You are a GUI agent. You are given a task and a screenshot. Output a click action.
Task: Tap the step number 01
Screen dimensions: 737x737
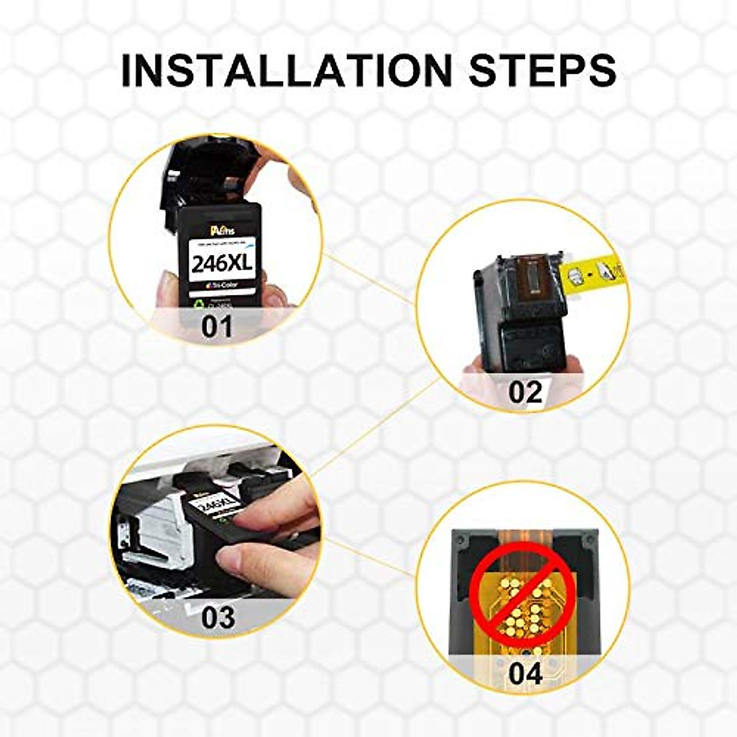[x=217, y=326]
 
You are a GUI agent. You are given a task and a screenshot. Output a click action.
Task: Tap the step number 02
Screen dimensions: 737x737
[x=525, y=392]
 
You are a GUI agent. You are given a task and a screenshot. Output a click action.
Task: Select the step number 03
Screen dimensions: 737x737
[x=218, y=617]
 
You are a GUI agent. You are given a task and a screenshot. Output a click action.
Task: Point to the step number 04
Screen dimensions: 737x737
[x=526, y=673]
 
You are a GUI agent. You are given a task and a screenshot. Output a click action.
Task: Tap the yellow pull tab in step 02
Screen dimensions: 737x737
[x=590, y=274]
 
